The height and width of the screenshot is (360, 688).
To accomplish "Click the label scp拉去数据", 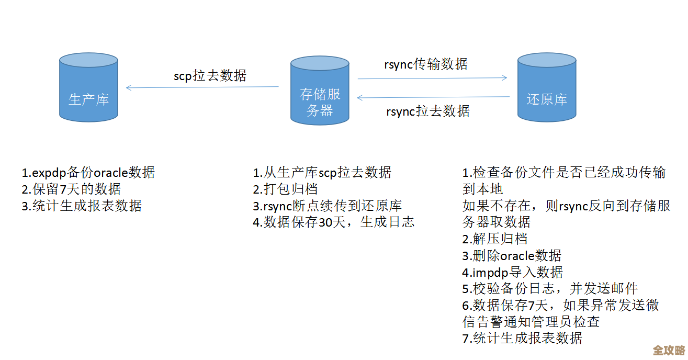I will pos(210,75).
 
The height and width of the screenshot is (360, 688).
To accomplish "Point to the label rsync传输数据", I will pos(426,64).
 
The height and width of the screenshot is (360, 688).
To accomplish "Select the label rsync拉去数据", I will pos(427,111).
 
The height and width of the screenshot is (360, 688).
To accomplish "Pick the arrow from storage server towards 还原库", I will pos(432,78).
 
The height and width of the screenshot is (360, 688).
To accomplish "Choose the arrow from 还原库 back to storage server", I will pos(433,97).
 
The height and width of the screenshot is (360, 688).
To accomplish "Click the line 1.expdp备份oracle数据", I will pos(88,172).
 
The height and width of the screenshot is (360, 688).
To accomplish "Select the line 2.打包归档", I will pos(285,189).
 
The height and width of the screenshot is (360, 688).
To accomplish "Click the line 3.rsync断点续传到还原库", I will pos(327,206).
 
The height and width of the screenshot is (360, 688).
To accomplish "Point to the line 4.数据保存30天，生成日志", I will pos(333,222).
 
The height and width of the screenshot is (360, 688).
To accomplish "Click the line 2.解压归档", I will pos(495,239).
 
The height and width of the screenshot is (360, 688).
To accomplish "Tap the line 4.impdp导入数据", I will pos(512,272).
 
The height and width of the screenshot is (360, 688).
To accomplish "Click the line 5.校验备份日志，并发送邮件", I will pos(550,288).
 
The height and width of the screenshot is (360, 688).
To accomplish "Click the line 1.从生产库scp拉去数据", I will pos(322,172).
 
